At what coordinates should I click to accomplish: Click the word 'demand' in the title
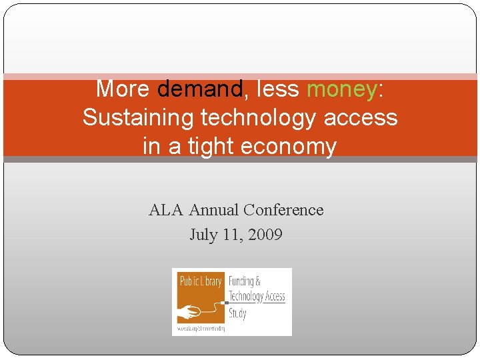(x=199, y=88)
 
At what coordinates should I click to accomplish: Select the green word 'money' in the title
(x=341, y=88)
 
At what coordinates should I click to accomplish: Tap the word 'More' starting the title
(x=123, y=88)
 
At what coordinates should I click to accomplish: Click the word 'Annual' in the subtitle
(x=214, y=210)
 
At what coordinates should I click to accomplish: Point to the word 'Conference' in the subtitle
(x=283, y=210)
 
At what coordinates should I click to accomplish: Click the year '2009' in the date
(x=265, y=235)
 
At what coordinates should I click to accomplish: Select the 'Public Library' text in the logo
(x=200, y=281)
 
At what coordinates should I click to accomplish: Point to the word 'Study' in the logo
(x=238, y=313)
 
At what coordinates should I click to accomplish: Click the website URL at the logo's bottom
(x=201, y=329)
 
